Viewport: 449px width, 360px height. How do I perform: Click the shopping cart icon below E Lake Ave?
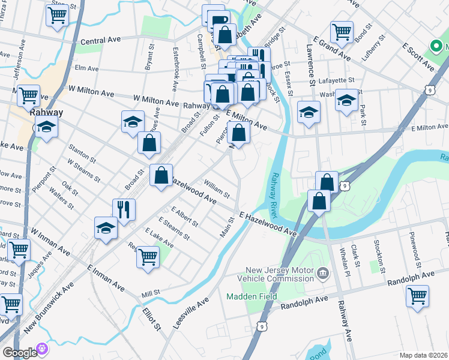click(x=148, y=257)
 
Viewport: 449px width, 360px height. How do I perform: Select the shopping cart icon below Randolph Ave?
click(x=417, y=295)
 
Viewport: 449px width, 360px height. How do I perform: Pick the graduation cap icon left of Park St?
click(x=346, y=100)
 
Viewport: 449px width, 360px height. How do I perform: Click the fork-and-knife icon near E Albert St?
click(x=124, y=209)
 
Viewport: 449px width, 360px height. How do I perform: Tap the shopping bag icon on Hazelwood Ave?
click(x=161, y=175)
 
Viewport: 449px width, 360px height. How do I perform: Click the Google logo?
click(x=19, y=352)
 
